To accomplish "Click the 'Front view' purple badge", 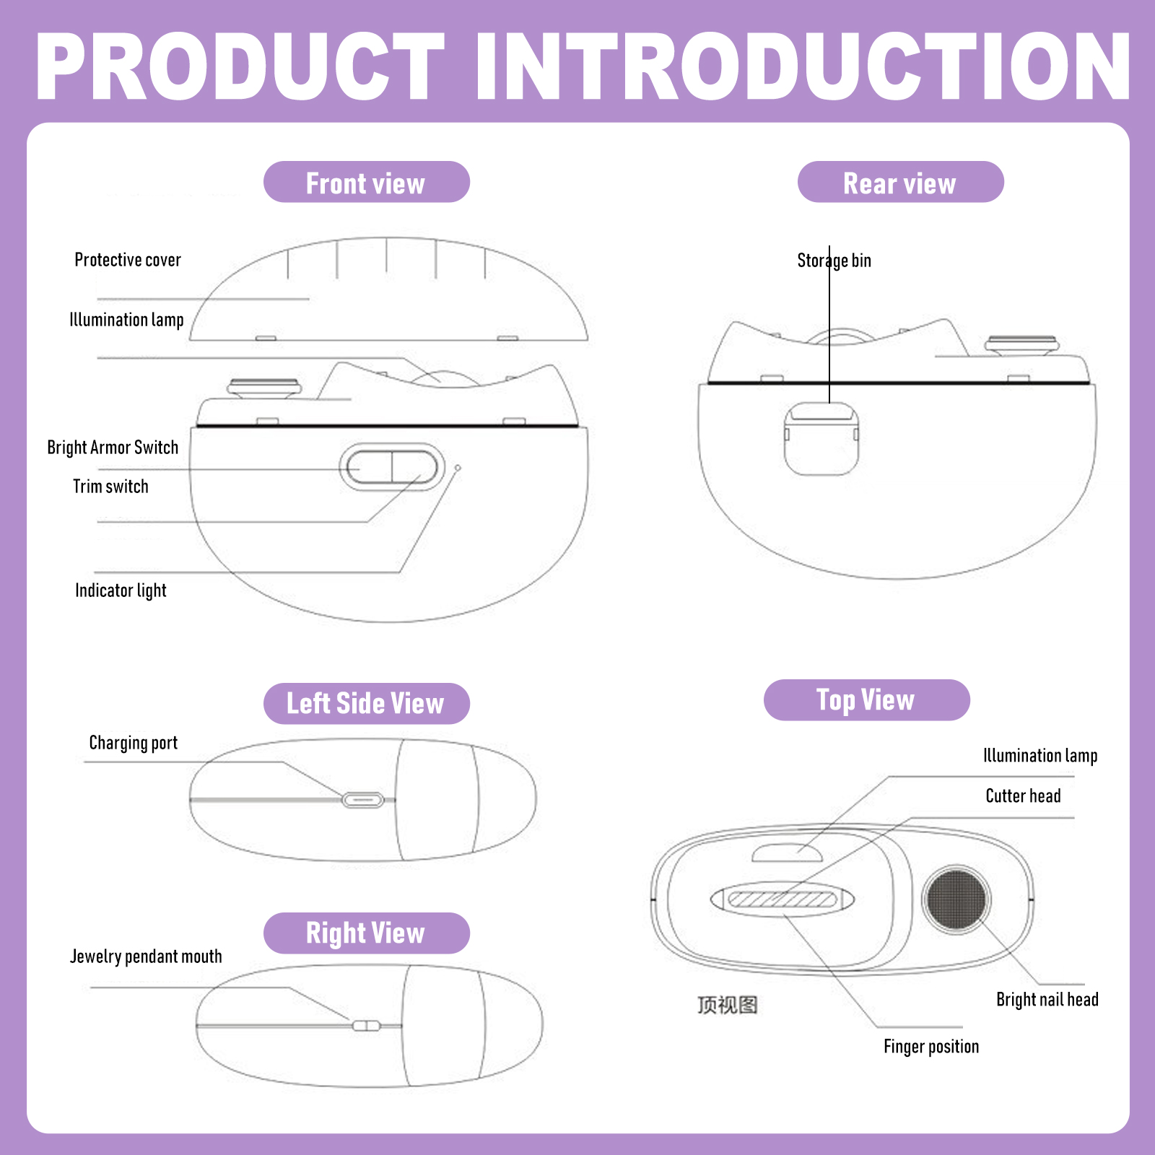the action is (x=367, y=182).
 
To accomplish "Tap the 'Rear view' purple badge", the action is (x=900, y=182).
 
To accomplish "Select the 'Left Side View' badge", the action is (x=367, y=703).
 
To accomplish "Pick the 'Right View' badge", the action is (x=367, y=933).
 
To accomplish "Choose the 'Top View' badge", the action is (x=866, y=699).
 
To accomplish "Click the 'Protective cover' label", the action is (x=128, y=260).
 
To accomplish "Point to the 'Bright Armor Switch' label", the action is (x=113, y=448).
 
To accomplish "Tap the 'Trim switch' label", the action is (x=110, y=487).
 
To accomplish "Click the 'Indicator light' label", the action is (x=121, y=590).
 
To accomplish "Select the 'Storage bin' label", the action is (x=834, y=261).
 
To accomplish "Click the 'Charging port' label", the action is (x=133, y=743).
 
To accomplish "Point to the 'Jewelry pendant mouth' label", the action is (x=146, y=956).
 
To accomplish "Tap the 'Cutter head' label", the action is (x=1023, y=796).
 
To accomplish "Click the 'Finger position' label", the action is (x=931, y=1047).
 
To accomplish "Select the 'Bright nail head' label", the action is (x=1047, y=1000).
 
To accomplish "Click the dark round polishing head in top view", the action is (x=956, y=899).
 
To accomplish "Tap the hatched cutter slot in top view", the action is (x=782, y=899).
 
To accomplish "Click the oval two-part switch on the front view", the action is (x=392, y=467).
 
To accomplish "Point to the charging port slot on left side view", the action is (x=362, y=800).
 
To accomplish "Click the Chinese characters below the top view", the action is (x=728, y=1005).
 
